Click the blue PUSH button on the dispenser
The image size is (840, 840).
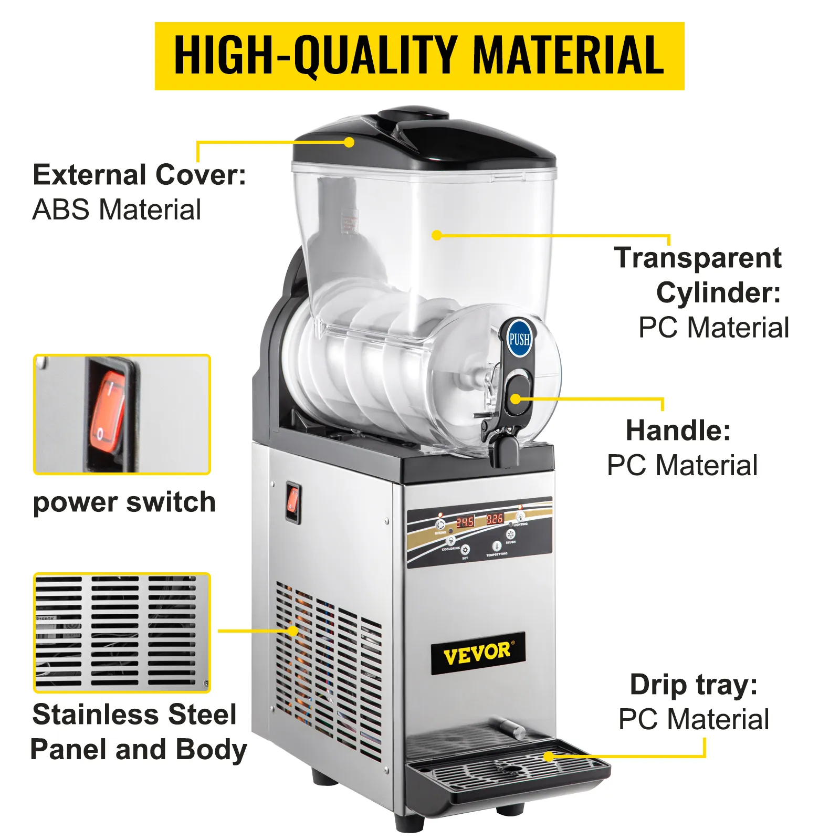519,339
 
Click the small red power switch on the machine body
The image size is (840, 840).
293,500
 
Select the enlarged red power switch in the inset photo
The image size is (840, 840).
108,413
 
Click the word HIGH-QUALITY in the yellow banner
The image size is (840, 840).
315,56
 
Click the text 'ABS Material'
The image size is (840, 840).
117,210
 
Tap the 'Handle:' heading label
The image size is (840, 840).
678,430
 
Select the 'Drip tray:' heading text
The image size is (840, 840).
694,685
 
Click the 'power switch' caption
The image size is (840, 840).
124,502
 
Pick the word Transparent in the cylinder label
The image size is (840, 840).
698,258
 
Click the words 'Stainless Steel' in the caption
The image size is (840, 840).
134,715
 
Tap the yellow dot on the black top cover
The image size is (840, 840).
349,142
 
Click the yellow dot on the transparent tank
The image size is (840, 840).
436,235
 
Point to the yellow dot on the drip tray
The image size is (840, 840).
548,757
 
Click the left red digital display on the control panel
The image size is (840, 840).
465,522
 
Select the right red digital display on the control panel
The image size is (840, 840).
495,519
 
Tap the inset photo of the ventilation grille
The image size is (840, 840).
122,632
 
